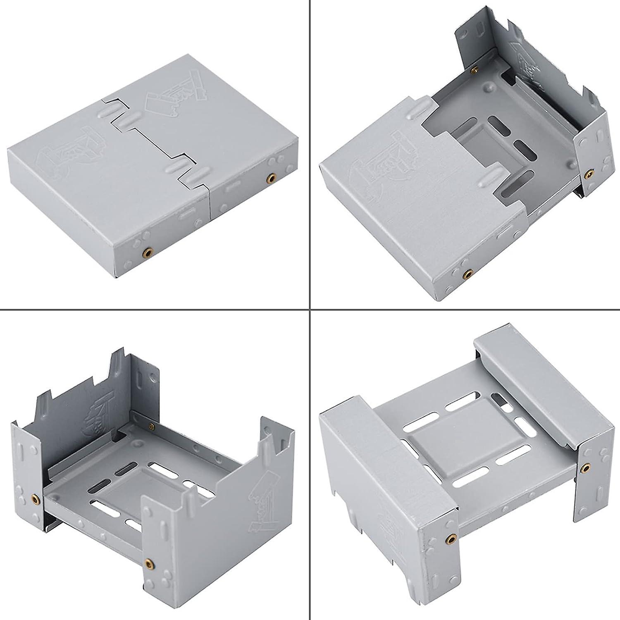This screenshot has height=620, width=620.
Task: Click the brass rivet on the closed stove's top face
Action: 271,179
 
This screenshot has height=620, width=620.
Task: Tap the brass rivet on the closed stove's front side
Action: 148,251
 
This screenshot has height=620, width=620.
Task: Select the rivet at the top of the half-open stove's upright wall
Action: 475,70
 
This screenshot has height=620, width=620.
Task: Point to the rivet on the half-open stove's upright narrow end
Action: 588,173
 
